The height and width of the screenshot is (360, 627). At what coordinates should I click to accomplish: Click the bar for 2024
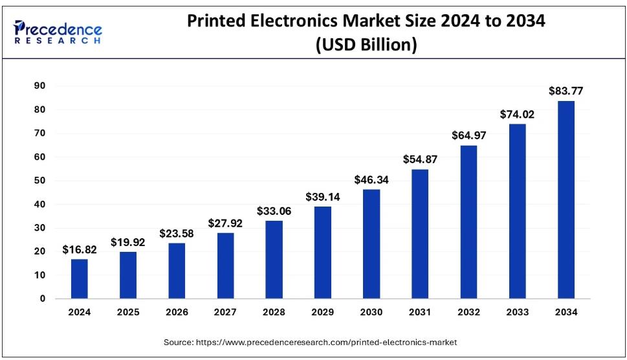pos(80,278)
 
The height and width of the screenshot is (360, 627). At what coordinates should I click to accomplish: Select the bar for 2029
pos(322,253)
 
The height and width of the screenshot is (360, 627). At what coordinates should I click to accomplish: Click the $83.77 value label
pos(566,91)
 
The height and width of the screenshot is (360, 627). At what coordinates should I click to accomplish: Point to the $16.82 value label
pos(80,249)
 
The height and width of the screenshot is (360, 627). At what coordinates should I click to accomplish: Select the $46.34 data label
pos(371,180)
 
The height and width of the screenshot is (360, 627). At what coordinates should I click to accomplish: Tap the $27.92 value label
pos(225,223)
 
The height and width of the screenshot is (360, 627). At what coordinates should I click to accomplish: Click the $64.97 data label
pos(468,136)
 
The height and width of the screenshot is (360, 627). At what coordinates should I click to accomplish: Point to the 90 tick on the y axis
pos(39,86)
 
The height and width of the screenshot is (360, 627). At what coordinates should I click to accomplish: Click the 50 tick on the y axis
pos(39,181)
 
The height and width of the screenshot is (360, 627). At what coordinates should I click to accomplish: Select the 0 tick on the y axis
pos(42,299)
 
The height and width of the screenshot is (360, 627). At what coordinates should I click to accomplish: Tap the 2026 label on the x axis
pos(177,312)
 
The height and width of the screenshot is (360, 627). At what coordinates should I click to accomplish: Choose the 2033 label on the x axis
pos(517,312)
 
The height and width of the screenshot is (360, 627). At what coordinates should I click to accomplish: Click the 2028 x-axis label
pos(274,312)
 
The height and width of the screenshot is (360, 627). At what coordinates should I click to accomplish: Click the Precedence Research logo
pos(58,31)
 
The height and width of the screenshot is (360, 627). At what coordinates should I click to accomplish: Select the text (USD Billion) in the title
pos(366,45)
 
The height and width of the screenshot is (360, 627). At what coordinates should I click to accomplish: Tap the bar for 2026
pos(177,271)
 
